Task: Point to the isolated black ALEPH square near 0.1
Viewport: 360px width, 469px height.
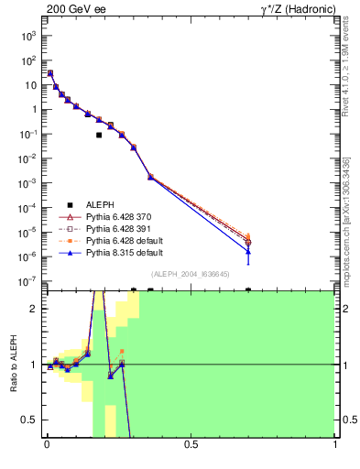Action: click(99, 135)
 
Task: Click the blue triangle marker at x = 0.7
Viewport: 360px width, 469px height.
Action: click(248, 251)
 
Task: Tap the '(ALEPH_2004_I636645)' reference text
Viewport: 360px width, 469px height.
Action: click(190, 274)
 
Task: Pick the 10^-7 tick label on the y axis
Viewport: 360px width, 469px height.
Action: click(28, 281)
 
